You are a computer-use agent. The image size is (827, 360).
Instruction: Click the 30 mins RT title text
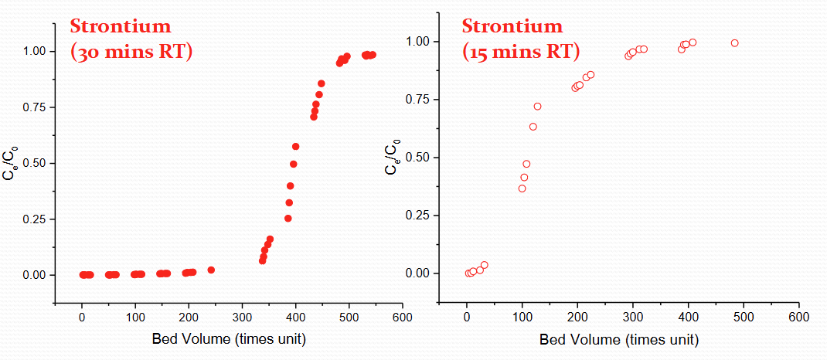click(131, 53)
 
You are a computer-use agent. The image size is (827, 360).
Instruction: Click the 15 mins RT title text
click(520, 52)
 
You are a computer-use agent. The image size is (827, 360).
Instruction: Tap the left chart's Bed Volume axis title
click(229, 339)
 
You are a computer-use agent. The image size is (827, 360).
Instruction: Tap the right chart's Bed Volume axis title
click(619, 339)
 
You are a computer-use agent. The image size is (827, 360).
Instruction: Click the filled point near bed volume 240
click(211, 270)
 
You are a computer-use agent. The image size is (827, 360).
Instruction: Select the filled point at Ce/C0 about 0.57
click(295, 146)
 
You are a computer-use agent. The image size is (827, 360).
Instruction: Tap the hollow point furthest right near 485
click(734, 43)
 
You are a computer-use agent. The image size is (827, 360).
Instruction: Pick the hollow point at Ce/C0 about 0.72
click(538, 106)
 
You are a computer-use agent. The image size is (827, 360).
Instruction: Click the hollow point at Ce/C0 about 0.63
click(533, 127)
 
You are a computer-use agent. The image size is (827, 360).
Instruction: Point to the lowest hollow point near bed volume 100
click(522, 188)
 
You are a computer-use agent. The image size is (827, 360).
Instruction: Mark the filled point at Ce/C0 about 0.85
click(322, 83)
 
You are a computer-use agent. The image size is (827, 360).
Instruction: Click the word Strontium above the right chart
click(512, 26)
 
